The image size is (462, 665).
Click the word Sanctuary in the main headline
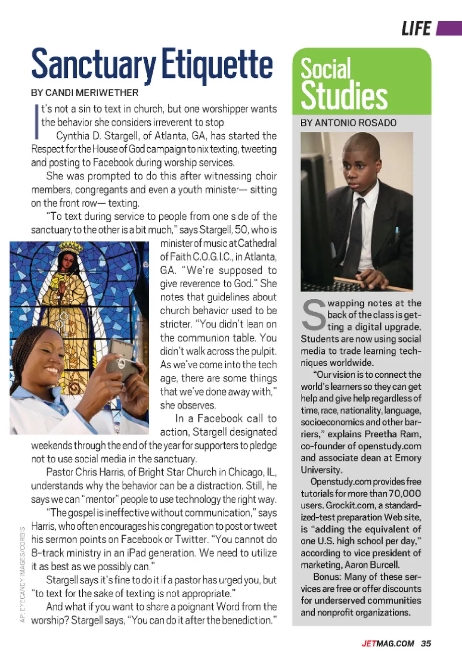pyautogui.click(x=93, y=65)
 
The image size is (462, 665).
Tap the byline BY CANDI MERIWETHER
pyautogui.click(x=85, y=93)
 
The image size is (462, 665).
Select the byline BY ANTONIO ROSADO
pyautogui.click(x=348, y=123)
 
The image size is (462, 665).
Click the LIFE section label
pyautogui.click(x=416, y=29)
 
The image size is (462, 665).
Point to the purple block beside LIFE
pyautogui.click(x=449, y=28)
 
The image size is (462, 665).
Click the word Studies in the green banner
pyautogui.click(x=344, y=96)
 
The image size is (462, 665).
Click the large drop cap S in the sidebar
pyautogui.click(x=314, y=315)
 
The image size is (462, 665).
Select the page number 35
pyautogui.click(x=426, y=644)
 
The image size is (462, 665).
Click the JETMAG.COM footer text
pyautogui.click(x=388, y=644)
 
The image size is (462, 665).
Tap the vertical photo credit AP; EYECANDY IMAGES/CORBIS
pyautogui.click(x=22, y=575)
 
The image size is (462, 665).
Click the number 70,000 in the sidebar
pyautogui.click(x=405, y=493)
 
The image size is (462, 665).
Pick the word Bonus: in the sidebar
pyautogui.click(x=327, y=576)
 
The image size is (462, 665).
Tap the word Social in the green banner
pyautogui.click(x=326, y=68)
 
